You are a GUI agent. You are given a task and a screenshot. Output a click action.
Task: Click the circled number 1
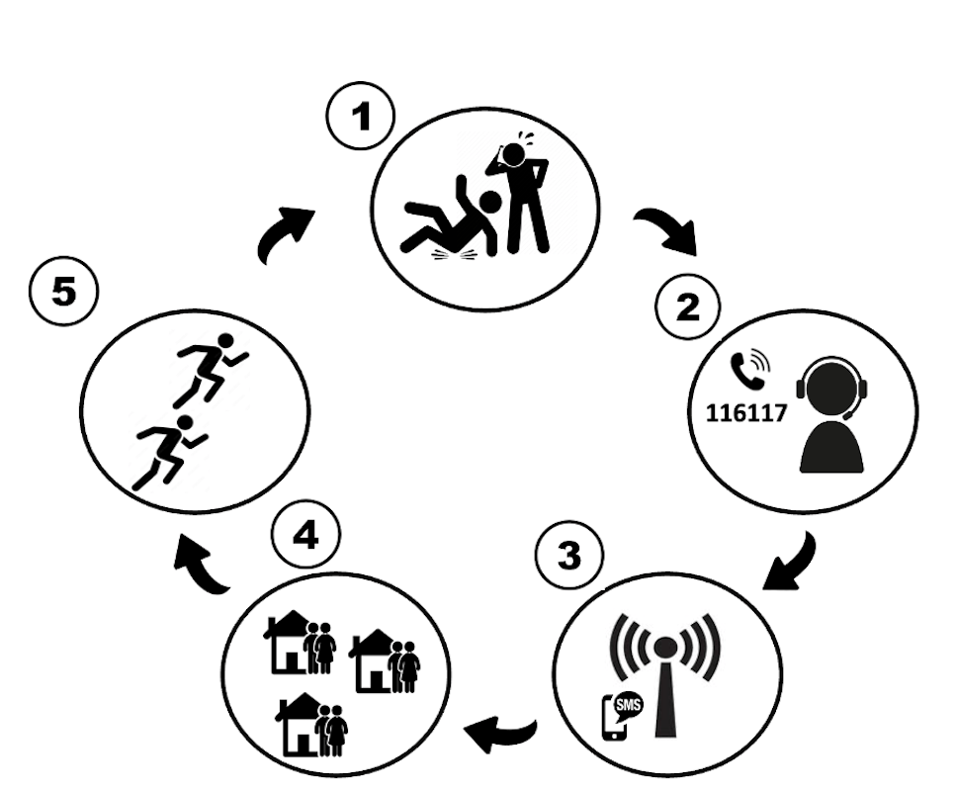tap(361, 116)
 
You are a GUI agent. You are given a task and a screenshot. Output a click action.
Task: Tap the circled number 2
tap(688, 307)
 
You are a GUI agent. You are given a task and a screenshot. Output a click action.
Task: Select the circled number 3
tap(569, 555)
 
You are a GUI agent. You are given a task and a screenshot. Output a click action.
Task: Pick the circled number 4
tap(305, 536)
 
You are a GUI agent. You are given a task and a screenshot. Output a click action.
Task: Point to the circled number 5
tap(63, 291)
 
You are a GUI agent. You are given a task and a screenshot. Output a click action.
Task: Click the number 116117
tap(746, 413)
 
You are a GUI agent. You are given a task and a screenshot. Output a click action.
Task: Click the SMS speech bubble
tap(628, 706)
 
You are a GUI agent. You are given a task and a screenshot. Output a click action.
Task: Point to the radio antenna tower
tap(665, 676)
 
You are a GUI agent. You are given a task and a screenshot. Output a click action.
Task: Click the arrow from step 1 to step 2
tap(668, 232)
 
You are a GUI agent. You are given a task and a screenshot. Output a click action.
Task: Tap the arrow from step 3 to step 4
tap(500, 733)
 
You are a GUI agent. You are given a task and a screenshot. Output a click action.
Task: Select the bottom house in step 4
tap(311, 725)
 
